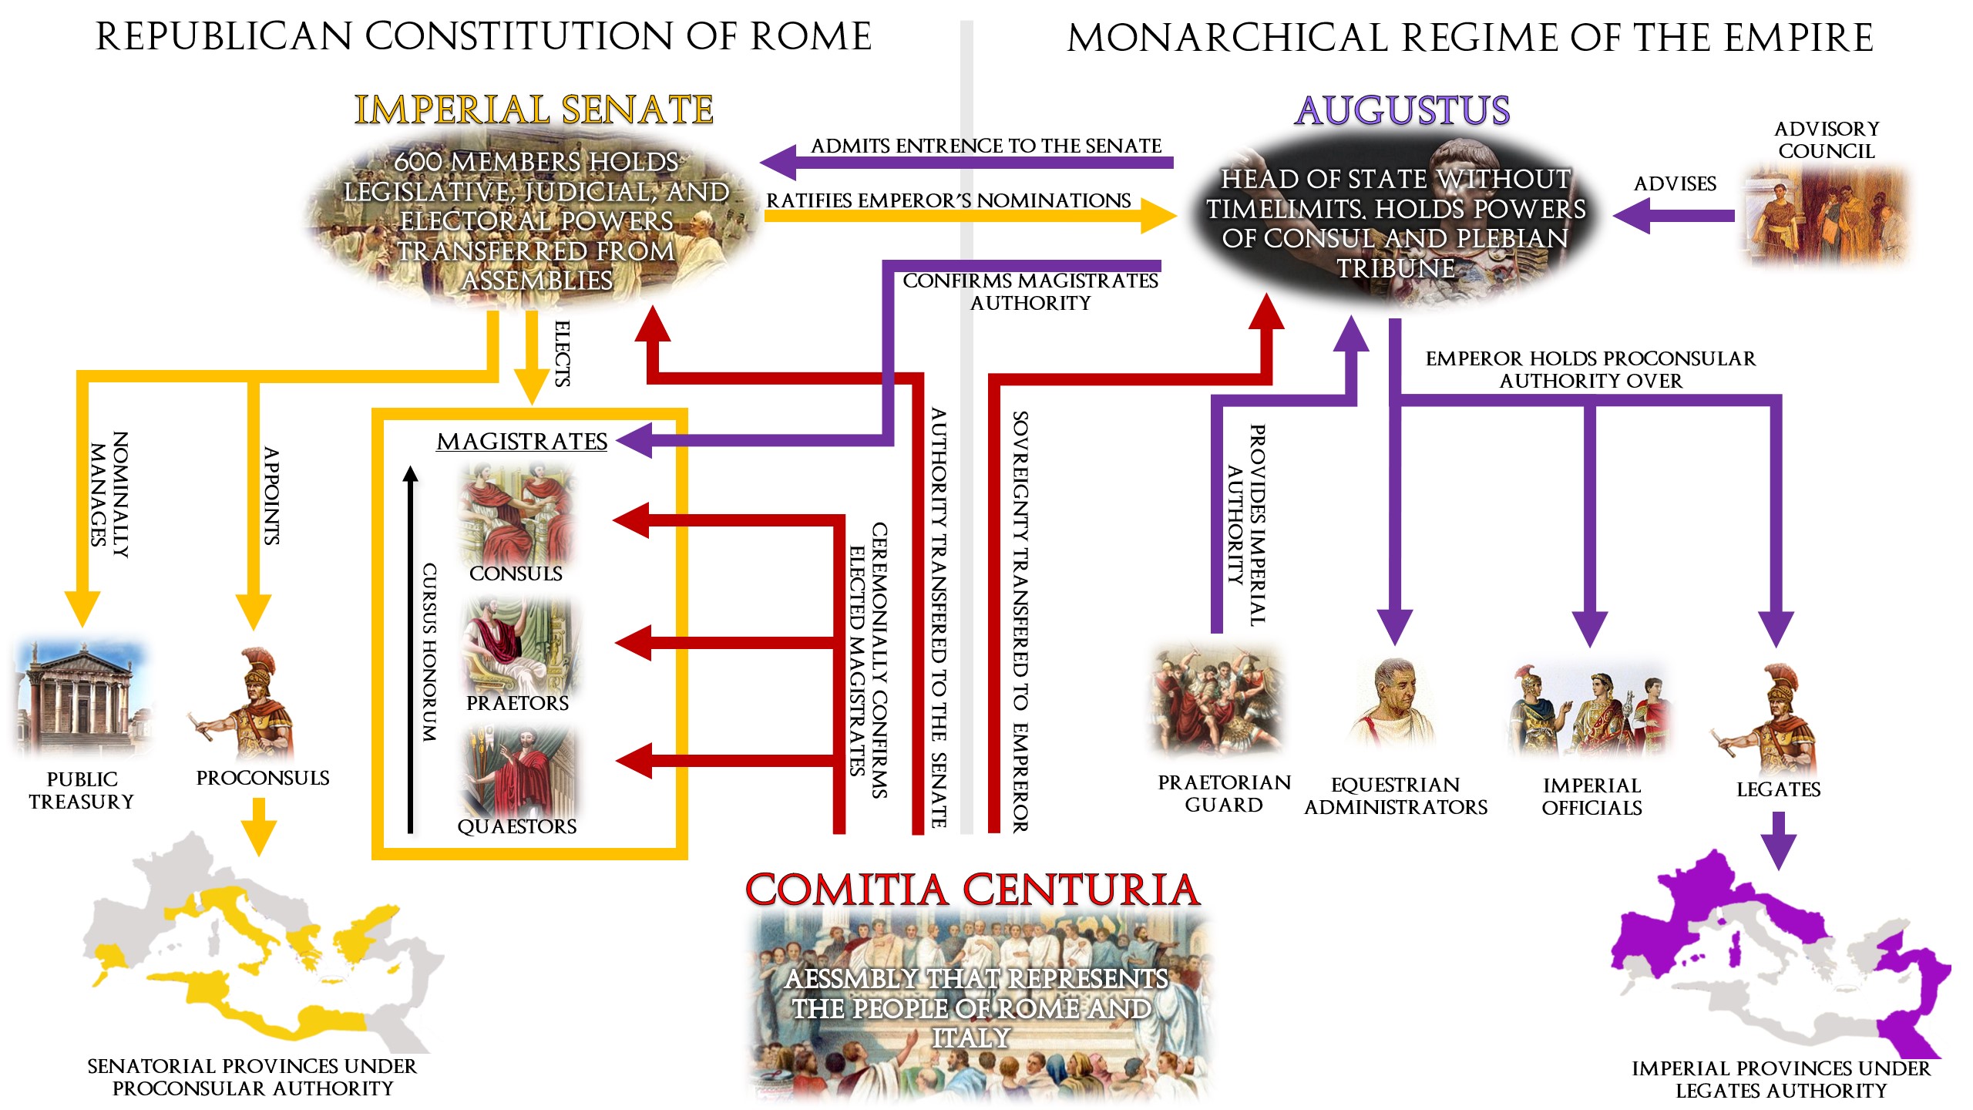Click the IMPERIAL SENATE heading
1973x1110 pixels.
point(533,110)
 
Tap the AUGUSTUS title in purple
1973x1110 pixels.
point(1402,110)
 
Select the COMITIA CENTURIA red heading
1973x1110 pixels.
point(973,890)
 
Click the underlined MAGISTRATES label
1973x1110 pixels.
point(522,442)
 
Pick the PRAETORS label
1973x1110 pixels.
point(517,703)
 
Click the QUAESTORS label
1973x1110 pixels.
point(517,826)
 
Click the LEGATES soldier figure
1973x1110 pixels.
point(1773,721)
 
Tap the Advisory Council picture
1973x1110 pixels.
point(1825,216)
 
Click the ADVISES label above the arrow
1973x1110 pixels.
point(1675,184)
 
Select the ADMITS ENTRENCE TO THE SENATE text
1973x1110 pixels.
point(986,146)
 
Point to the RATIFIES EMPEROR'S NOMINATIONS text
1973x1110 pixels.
point(948,200)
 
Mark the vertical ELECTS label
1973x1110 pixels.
point(563,354)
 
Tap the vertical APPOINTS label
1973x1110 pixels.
point(271,496)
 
